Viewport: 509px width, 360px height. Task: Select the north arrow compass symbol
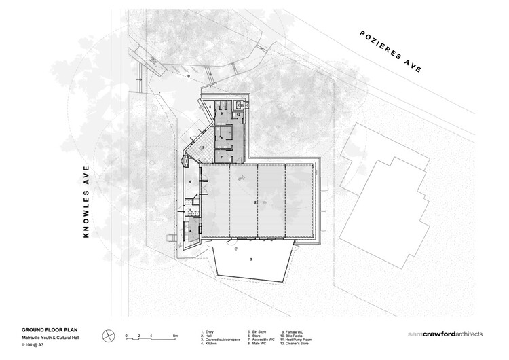click(x=107, y=336)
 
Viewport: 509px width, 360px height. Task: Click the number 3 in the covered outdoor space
click(x=251, y=259)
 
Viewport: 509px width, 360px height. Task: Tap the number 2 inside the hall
click(x=255, y=202)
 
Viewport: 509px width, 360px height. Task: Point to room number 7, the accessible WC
click(x=221, y=157)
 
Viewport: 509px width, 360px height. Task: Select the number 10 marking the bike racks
click(x=188, y=77)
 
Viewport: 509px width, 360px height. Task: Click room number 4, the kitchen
click(x=191, y=230)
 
